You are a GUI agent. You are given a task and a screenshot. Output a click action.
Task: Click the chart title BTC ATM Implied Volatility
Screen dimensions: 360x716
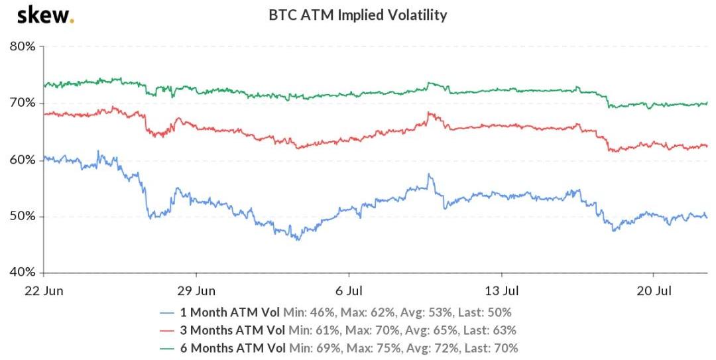tap(358, 15)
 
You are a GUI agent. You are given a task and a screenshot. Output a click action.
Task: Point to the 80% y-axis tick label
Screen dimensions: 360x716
tap(23, 47)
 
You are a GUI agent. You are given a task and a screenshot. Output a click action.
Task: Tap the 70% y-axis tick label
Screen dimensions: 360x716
tap(23, 103)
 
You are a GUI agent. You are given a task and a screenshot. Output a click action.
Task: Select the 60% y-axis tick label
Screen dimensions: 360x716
tap(23, 160)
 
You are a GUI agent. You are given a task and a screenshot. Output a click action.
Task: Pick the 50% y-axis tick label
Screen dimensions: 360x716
tap(23, 217)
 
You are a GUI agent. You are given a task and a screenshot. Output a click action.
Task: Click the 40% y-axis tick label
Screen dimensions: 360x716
tap(23, 272)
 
